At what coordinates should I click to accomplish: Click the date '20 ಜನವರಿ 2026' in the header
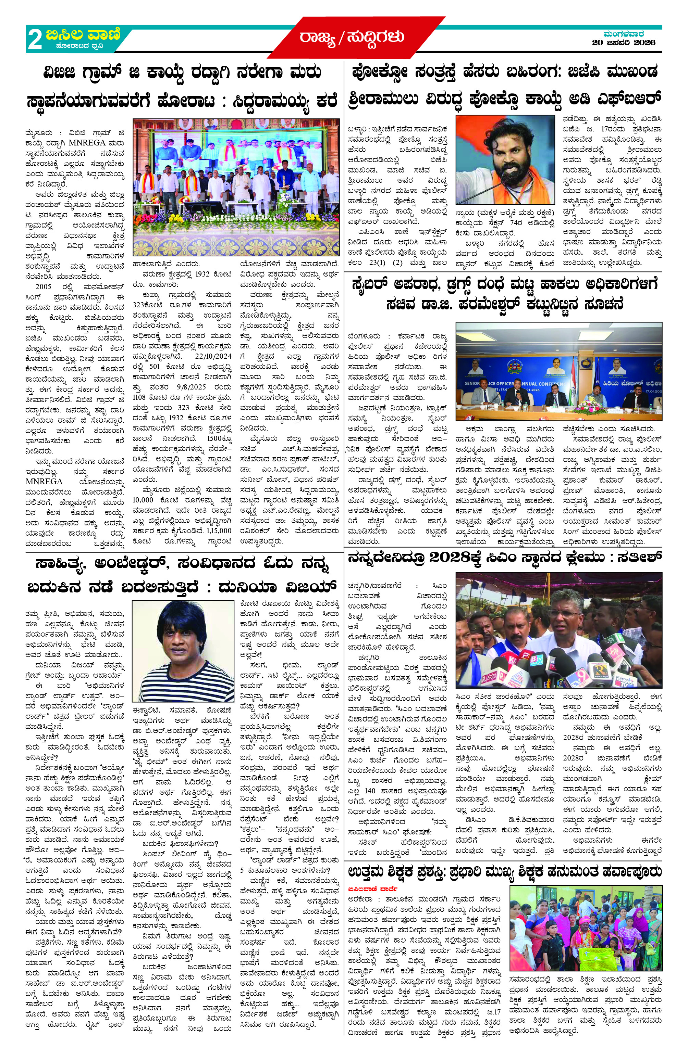[x=623, y=42]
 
